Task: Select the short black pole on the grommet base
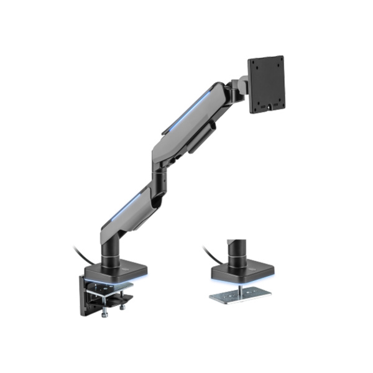click(236, 252)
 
